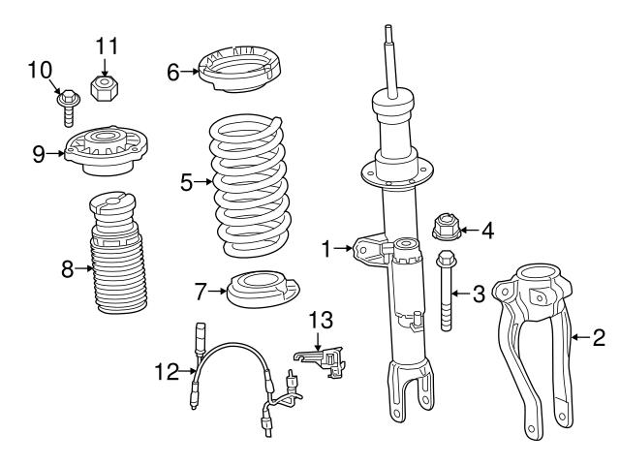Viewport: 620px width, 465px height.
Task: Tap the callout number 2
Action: (599, 337)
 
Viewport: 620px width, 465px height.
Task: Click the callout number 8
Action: (68, 270)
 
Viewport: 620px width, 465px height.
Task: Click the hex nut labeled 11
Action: (104, 87)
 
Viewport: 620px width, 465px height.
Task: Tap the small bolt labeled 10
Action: (67, 100)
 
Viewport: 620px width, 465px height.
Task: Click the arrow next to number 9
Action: (54, 153)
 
